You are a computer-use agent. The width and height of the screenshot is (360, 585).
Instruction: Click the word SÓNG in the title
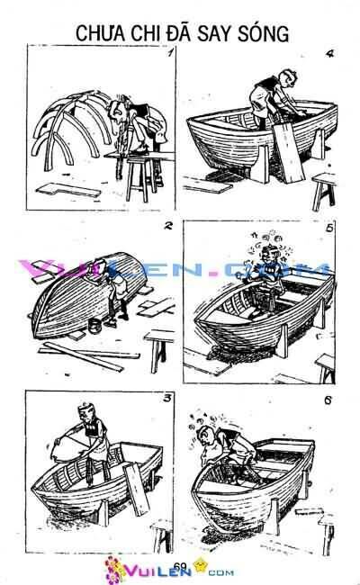click(265, 34)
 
